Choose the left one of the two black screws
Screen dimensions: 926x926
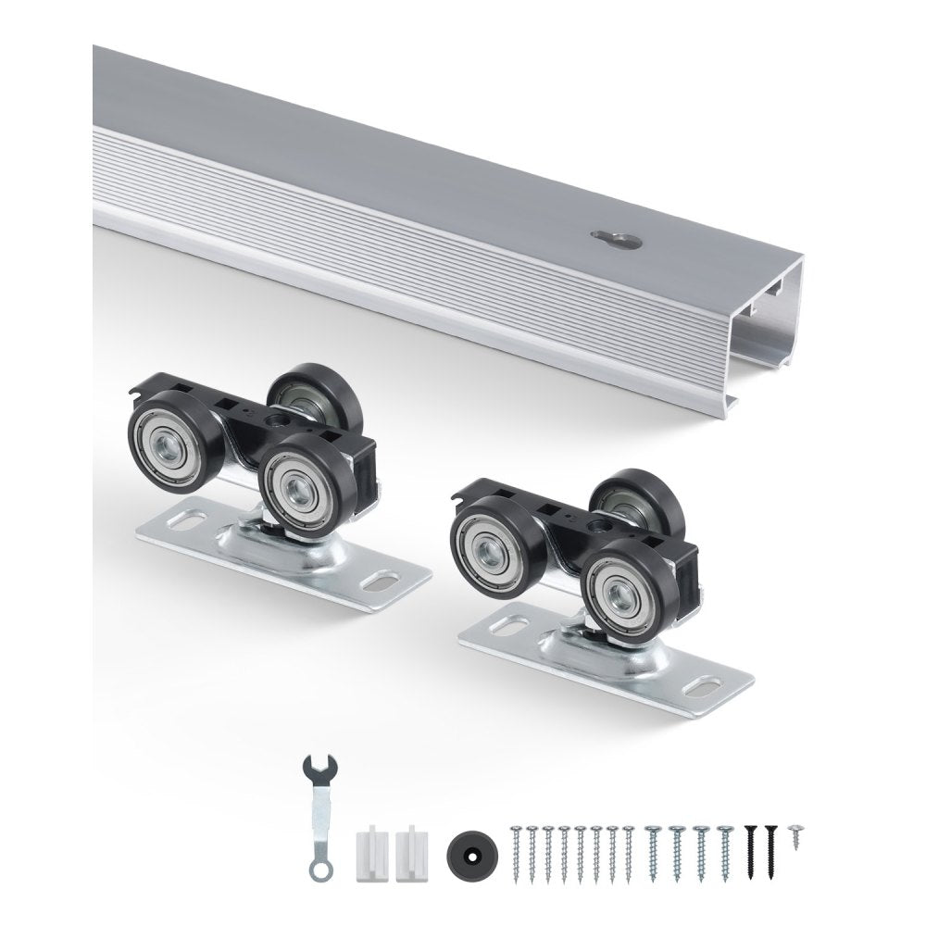[x=750, y=847]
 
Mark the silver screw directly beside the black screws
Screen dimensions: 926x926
[x=726, y=847]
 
